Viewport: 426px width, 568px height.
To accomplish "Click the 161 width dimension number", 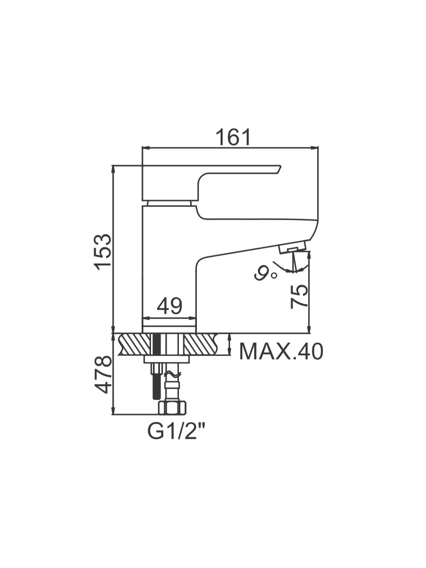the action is (233, 137).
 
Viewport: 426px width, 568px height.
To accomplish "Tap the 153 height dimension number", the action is (103, 252).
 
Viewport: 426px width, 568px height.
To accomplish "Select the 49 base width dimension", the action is (169, 306).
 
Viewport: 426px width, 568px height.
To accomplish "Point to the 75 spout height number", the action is (299, 297).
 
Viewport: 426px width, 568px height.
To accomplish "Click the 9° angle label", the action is (266, 274).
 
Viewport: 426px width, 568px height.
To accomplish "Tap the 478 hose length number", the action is (103, 375).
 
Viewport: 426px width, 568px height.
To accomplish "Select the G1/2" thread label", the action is (177, 432).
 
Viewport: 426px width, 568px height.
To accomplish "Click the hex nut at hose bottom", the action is (172, 408).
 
